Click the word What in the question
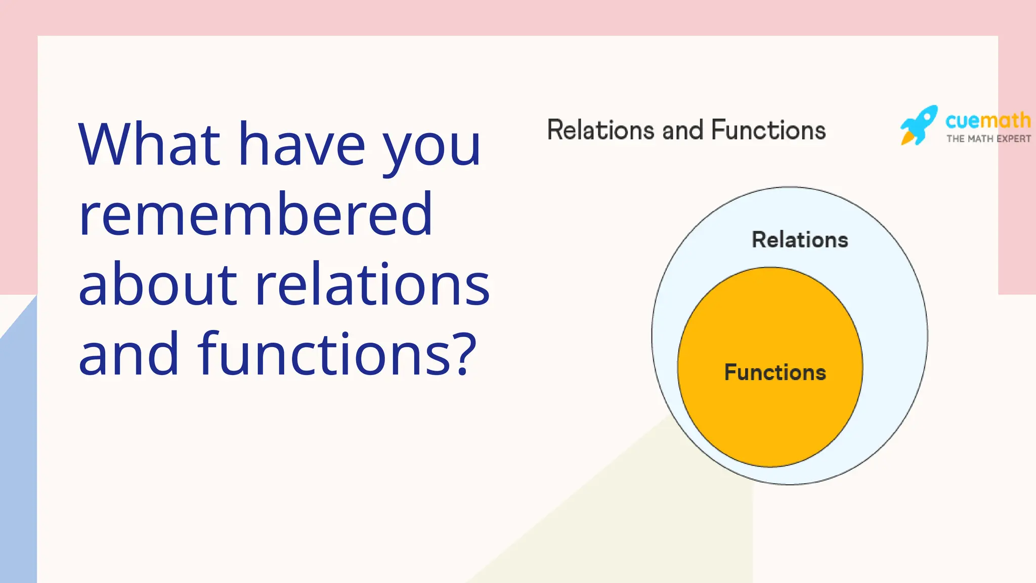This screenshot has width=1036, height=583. [150, 145]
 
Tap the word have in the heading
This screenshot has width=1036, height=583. [301, 146]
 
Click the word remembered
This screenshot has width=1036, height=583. [255, 215]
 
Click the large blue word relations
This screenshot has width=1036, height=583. [372, 285]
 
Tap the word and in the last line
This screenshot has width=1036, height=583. [128, 354]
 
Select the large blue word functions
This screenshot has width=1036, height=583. [324, 354]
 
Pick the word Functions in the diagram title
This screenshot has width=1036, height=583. [768, 130]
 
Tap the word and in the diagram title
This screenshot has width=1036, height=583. [682, 131]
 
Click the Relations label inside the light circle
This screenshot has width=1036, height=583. [800, 240]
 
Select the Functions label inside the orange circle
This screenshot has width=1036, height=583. [775, 372]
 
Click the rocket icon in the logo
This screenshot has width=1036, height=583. [920, 124]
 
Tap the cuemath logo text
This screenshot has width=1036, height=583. [987, 120]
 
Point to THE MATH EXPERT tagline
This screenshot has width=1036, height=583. [988, 139]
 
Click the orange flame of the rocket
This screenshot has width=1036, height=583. [908, 138]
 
